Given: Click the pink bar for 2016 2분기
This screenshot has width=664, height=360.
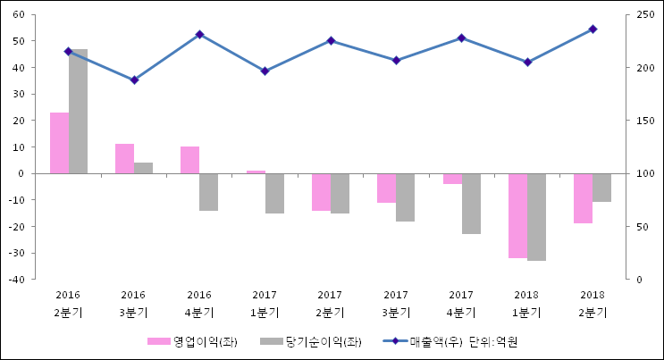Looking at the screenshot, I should tap(59, 143).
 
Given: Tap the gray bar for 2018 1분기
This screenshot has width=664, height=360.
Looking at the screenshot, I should tap(536, 217).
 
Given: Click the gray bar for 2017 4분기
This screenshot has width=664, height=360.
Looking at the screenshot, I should tap(471, 204).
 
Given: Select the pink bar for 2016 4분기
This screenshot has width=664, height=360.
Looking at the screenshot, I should tap(189, 160).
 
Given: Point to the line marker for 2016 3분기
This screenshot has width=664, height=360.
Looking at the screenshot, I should tap(134, 80).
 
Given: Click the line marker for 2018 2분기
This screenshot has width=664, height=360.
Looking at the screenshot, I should tap(593, 29).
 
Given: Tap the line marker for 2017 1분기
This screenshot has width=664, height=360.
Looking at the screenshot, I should tap(265, 71).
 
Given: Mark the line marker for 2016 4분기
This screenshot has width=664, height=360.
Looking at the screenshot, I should tap(199, 34).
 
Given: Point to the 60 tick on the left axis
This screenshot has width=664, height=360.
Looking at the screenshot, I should tap(18, 15).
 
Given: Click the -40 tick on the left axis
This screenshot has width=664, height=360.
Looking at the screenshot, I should tap(16, 280).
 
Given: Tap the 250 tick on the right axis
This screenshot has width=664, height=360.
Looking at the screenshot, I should tap(646, 15).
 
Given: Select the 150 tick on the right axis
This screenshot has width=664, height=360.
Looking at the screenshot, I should tap(646, 121).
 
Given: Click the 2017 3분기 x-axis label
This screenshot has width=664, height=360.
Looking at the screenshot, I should tap(396, 304).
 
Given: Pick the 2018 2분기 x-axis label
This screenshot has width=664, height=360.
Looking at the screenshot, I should tap(593, 304).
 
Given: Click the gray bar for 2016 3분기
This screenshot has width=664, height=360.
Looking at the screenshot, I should tap(143, 168).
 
